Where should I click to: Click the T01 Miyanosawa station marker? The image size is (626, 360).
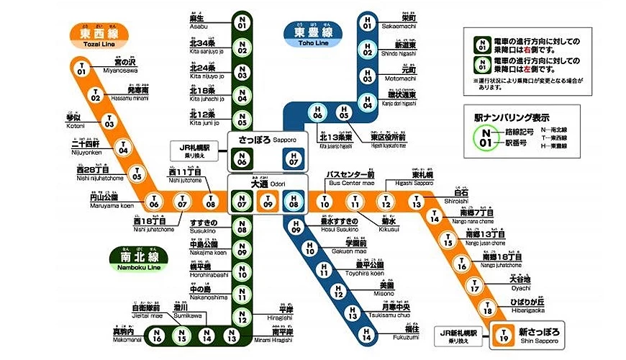pos(81,69)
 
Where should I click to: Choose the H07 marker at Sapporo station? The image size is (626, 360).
pos(291,158)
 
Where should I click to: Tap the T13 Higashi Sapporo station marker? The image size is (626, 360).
pos(416,204)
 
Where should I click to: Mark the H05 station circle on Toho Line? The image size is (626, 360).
pos(343,114)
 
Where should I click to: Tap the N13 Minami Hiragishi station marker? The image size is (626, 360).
pos(232,336)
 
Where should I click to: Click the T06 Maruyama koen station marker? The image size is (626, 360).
pos(153,204)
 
